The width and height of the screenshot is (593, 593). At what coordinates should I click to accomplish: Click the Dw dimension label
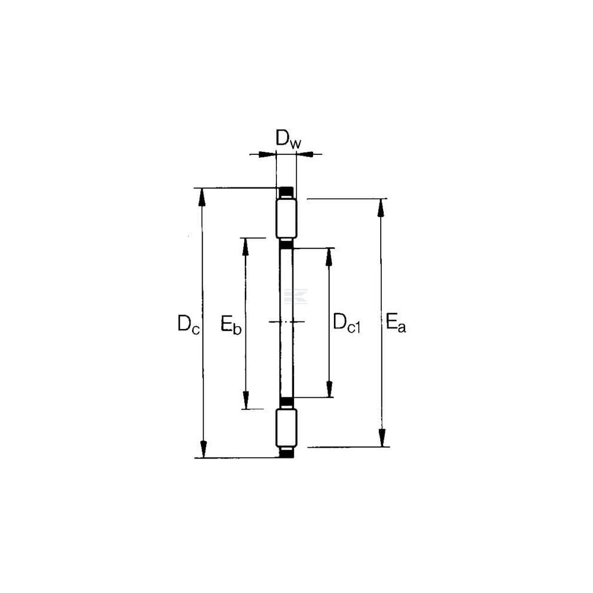coord(289,139)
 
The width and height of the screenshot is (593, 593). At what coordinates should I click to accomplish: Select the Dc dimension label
coord(189,324)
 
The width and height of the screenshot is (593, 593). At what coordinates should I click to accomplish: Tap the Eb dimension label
coord(231,324)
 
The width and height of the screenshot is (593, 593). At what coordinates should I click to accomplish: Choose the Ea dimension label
coord(396,323)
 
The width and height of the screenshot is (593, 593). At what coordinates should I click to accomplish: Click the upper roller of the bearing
coord(286,219)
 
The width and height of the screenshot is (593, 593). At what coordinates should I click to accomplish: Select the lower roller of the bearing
coord(286,428)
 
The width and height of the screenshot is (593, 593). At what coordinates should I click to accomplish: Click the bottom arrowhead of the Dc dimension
coord(203,448)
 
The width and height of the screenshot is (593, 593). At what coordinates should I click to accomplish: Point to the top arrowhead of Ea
coord(381,208)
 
